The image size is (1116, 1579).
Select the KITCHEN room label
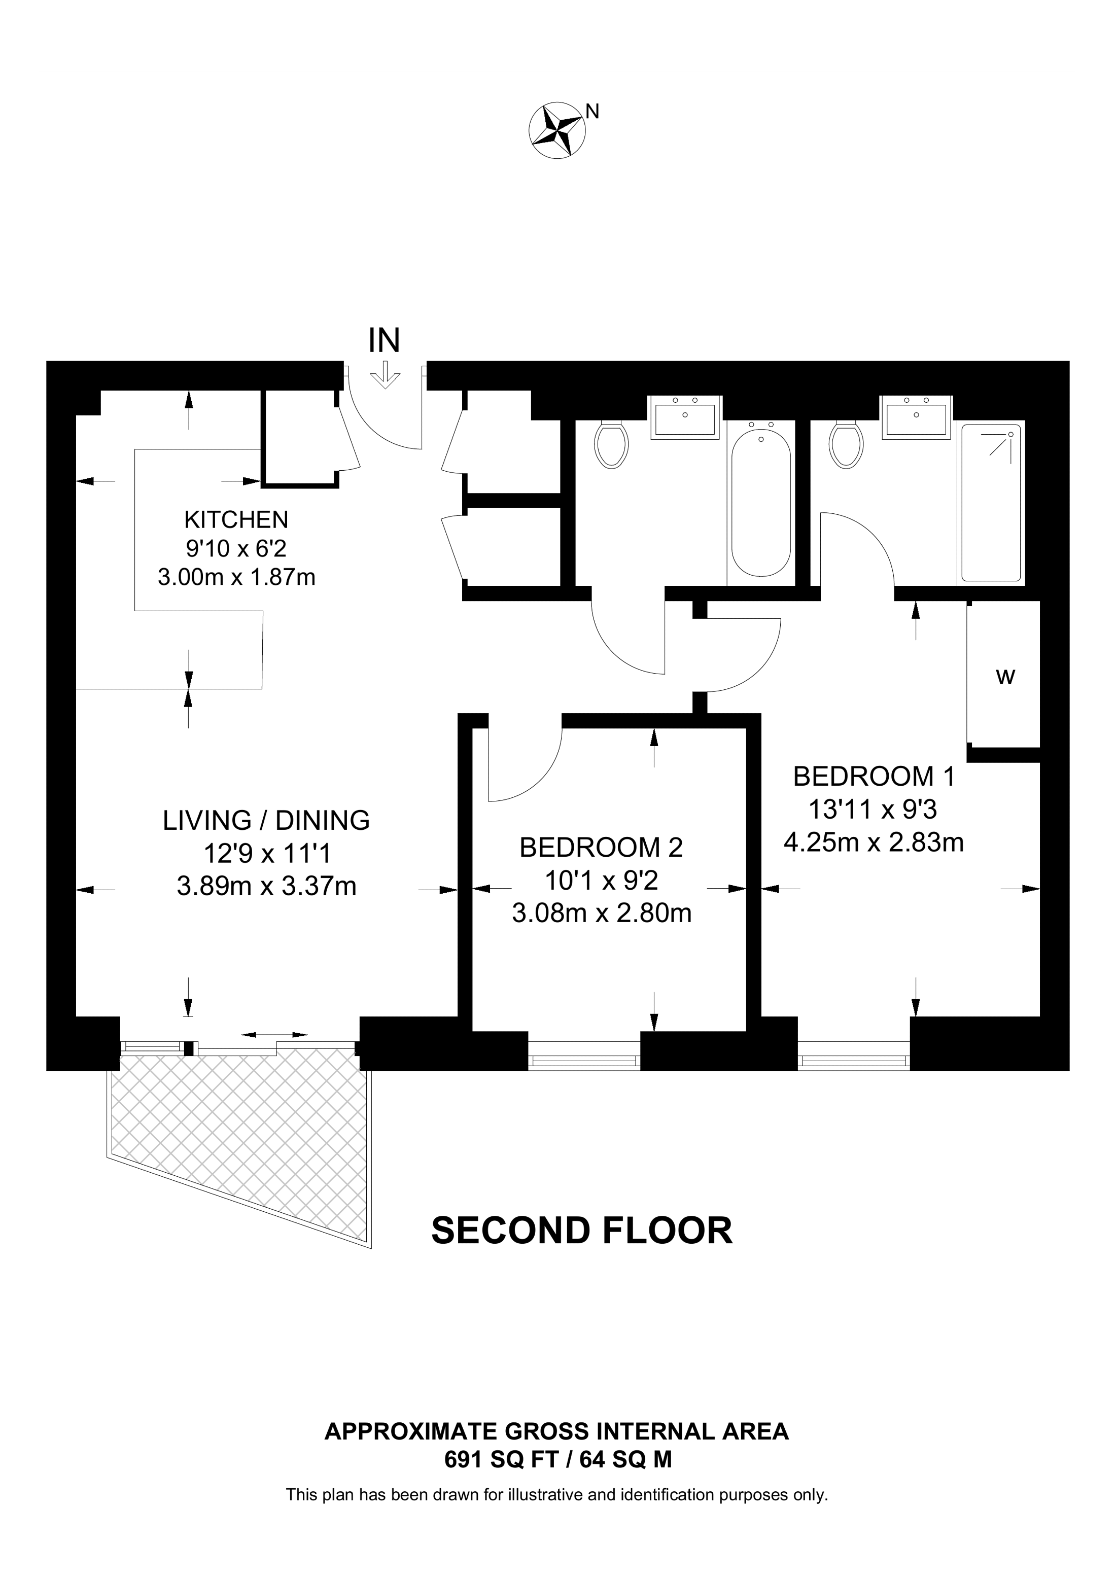pos(236,519)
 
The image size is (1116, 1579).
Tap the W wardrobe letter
pos(1005,677)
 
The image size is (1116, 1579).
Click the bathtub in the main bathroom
pos(760,502)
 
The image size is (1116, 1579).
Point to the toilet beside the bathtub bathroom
pos(611,444)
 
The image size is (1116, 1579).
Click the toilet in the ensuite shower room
pos(847,444)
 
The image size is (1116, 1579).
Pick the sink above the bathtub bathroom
pos(685,417)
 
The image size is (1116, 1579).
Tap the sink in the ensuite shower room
pos(917,417)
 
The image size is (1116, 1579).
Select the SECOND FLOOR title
pos(582,1231)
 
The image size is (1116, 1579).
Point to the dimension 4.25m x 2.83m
pos(874,843)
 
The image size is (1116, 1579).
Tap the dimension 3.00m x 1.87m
pos(236,577)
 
